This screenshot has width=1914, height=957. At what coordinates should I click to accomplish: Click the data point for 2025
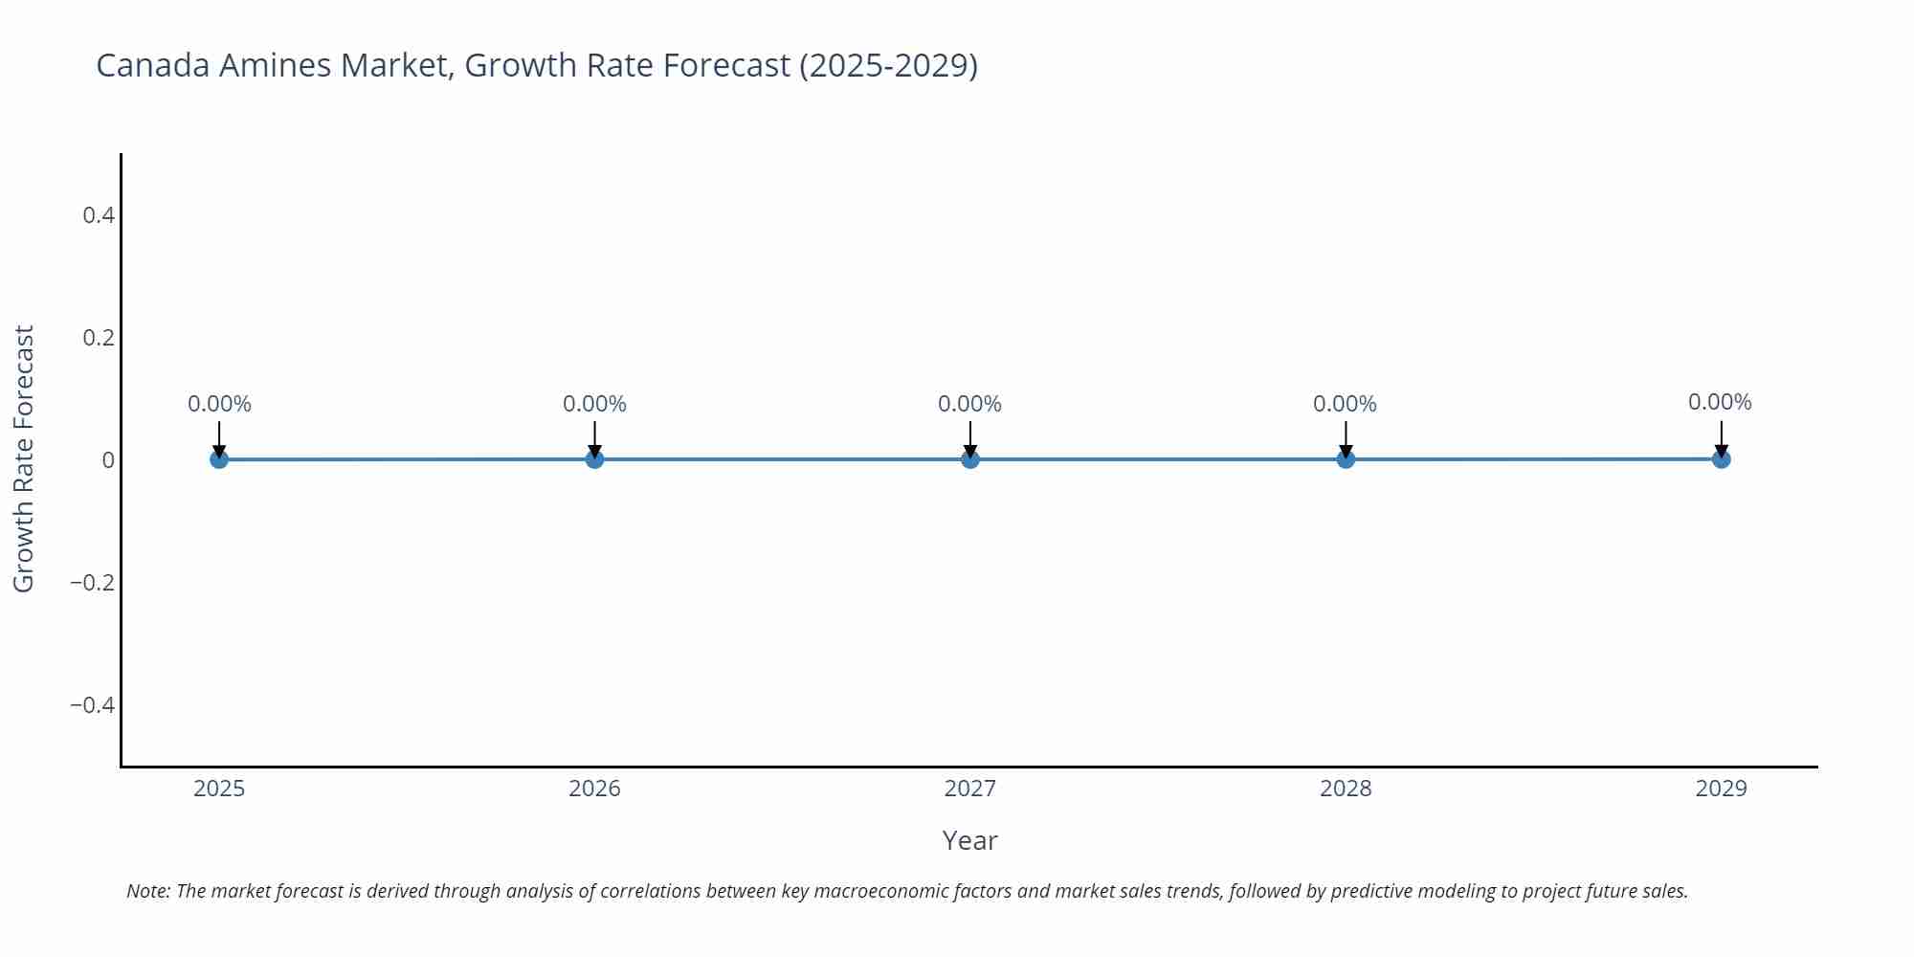coord(219,459)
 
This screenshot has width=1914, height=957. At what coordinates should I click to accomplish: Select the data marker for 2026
coord(594,459)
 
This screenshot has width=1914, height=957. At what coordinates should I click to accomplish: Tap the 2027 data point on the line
coord(970,459)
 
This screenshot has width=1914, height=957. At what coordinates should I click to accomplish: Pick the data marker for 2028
coord(1346,459)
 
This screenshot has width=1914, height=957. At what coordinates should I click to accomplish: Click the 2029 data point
coord(1721,459)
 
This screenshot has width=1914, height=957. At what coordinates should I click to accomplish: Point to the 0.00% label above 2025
coord(219,404)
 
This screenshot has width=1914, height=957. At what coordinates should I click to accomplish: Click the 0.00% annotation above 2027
coord(969,404)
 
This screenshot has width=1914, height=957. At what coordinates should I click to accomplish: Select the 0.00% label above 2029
coord(1720,402)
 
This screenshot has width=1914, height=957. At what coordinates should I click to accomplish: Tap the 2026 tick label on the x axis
coord(594,789)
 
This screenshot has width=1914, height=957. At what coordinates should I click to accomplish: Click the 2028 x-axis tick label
coord(1346,789)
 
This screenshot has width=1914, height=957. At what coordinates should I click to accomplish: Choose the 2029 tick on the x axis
coord(1721,789)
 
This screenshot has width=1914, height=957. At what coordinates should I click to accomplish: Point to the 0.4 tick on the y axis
coord(99,215)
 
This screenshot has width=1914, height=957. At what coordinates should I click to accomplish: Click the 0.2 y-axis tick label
coord(99,338)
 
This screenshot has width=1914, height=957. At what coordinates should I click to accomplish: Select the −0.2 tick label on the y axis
coord(92,583)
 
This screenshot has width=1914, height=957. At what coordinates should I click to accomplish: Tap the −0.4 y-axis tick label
coord(92,705)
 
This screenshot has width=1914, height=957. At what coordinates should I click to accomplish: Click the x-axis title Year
coord(969,840)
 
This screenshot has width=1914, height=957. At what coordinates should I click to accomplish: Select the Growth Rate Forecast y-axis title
coord(24,459)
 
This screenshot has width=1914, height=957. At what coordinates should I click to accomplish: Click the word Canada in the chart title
coord(153,65)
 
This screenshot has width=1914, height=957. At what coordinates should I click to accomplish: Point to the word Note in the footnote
coord(147,891)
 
